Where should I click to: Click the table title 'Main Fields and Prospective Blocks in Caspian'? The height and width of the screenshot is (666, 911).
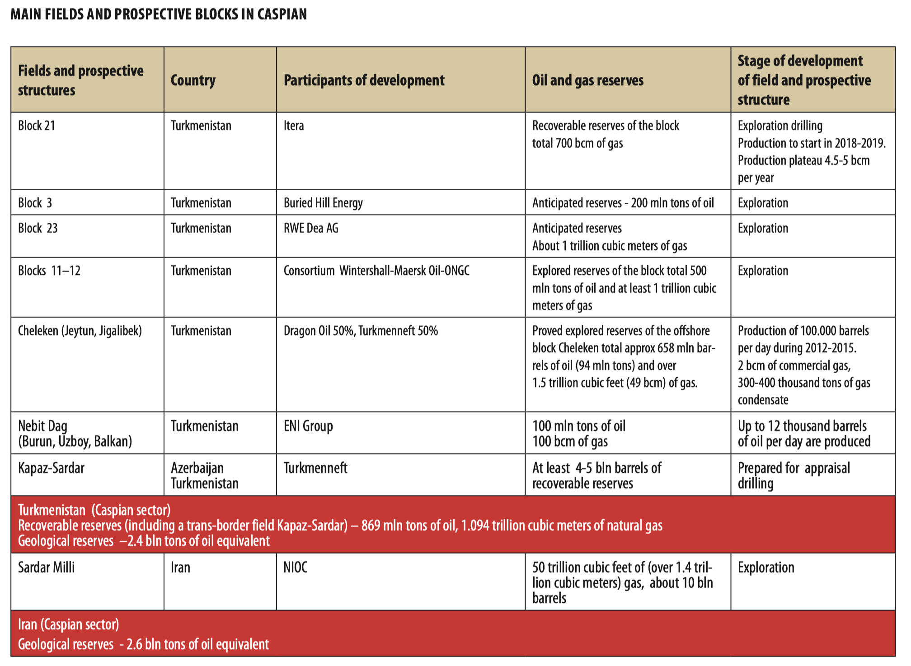tap(159, 14)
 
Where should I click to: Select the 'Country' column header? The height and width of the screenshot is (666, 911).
tap(193, 80)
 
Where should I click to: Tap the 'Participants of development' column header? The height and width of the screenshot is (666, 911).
tap(364, 80)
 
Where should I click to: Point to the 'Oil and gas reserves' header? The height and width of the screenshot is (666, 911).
tap(587, 80)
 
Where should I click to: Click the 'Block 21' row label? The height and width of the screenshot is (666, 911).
tap(37, 126)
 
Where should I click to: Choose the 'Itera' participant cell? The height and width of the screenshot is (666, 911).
tap(294, 126)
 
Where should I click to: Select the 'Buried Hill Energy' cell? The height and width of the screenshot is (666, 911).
tap(323, 203)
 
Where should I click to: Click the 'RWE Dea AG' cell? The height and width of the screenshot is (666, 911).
tap(311, 228)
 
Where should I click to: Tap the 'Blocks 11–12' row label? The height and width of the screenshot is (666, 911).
tap(49, 271)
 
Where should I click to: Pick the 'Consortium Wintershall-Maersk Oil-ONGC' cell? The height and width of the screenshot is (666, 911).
tap(376, 271)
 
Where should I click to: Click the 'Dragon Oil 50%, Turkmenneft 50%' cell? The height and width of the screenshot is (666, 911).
tap(361, 331)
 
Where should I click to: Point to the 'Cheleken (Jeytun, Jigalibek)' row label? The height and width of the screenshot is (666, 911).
tap(80, 331)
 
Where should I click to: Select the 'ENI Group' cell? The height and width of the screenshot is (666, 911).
tap(308, 426)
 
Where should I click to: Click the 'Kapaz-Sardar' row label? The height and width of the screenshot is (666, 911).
tap(51, 468)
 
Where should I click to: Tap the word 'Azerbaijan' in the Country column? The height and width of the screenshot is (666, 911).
tap(197, 468)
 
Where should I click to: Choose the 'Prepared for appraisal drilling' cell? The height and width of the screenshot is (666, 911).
tap(794, 476)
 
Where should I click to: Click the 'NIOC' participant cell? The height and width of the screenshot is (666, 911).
tap(296, 568)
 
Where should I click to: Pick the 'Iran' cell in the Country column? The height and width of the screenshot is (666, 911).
tap(180, 568)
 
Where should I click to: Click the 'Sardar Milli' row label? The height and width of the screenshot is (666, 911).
tap(46, 568)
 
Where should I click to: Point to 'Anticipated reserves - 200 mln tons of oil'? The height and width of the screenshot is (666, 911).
tap(623, 203)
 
